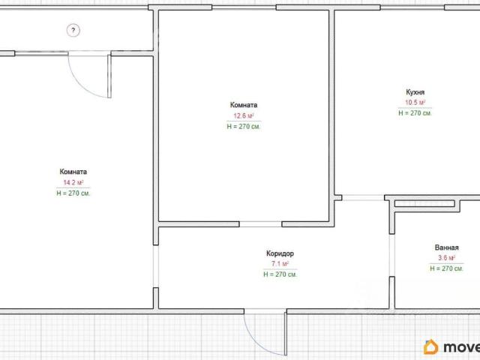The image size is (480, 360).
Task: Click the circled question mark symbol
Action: (73, 30)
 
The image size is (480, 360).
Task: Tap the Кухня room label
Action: (415, 92)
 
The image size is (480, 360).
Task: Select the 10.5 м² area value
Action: (415, 103)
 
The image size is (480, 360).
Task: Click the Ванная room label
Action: (447, 247)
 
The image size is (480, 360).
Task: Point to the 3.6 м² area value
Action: (447, 258)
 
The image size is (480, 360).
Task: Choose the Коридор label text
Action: (280, 253)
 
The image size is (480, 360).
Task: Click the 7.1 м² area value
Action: (280, 263)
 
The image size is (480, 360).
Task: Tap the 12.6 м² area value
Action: (244, 116)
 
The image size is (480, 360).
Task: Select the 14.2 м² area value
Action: (73, 183)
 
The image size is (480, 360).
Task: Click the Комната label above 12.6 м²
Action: (244, 105)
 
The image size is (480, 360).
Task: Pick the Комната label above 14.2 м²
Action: (73, 172)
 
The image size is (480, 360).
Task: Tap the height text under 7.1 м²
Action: (280, 274)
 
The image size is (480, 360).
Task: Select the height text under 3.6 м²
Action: (447, 268)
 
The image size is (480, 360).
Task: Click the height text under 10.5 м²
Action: (415, 113)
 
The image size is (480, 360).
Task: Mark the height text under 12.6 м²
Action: (244, 127)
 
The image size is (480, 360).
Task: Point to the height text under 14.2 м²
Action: (73, 193)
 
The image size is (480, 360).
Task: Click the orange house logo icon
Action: (431, 346)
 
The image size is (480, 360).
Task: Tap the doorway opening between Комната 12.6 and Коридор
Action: (260, 224)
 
